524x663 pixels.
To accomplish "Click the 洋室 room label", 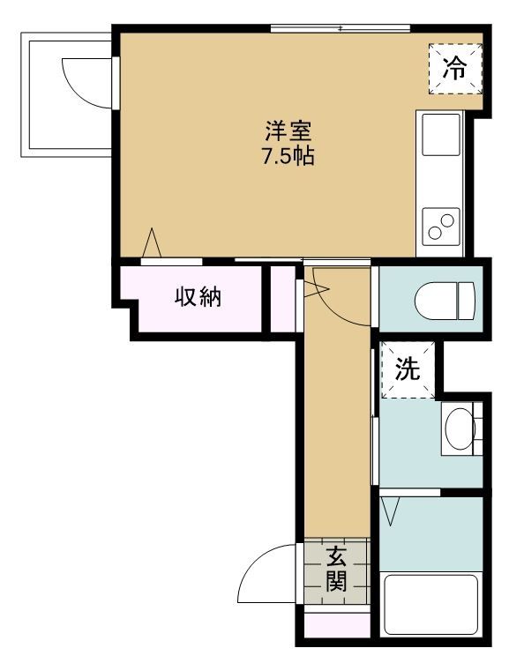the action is tap(288, 131).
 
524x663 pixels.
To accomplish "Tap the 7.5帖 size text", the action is tap(288, 156).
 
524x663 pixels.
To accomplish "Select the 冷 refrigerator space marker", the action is tap(455, 69).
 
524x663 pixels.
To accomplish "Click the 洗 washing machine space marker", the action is tap(408, 369).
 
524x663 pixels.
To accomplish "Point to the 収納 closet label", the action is tap(198, 297).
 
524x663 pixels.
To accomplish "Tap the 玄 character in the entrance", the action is tap(337, 556).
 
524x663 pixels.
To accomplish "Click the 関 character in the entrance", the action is tap(337, 581).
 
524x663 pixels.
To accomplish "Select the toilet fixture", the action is tap(445, 301).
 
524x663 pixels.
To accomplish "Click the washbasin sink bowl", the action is tap(460, 428).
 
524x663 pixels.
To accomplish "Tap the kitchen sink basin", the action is tap(441, 135).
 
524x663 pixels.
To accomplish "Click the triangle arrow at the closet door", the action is tap(152, 242).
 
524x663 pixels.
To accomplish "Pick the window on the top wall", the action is tap(341, 29).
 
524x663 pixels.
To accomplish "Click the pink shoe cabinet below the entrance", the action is tap(338, 624).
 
